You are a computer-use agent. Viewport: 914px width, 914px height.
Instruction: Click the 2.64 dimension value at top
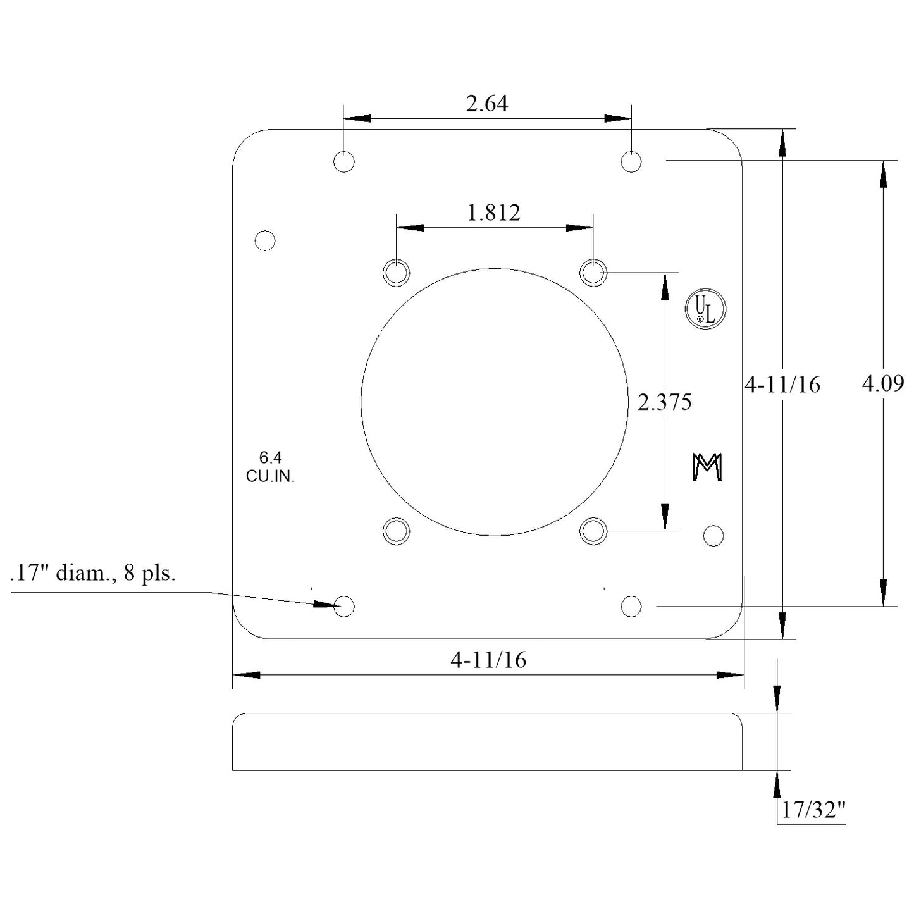(x=486, y=104)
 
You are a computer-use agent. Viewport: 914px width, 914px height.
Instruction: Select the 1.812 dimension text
(x=493, y=213)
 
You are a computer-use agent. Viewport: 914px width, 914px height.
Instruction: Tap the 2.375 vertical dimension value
(x=664, y=402)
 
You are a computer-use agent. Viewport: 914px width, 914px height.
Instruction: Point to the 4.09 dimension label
(x=883, y=383)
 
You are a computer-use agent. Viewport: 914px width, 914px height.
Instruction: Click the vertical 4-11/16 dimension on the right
(x=782, y=385)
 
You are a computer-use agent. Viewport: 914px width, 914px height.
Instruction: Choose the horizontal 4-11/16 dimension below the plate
(x=488, y=660)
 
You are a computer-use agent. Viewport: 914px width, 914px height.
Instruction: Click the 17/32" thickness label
(x=813, y=810)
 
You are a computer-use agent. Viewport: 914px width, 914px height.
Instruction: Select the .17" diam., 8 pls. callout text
(x=93, y=574)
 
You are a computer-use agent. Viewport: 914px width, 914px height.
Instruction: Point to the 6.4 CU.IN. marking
(x=270, y=467)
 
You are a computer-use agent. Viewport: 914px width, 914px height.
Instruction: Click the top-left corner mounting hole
(x=344, y=162)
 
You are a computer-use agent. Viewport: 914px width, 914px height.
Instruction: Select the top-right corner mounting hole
(x=631, y=162)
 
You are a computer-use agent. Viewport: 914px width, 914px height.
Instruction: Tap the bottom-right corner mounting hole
(x=631, y=607)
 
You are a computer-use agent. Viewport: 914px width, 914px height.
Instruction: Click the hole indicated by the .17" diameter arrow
(x=344, y=607)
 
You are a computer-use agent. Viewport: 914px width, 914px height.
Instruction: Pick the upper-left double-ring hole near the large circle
(x=397, y=273)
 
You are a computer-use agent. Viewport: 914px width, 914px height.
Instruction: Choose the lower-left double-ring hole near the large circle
(x=397, y=531)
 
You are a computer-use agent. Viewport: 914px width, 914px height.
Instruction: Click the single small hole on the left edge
(x=265, y=241)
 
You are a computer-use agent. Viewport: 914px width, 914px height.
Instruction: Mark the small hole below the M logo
(x=713, y=536)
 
